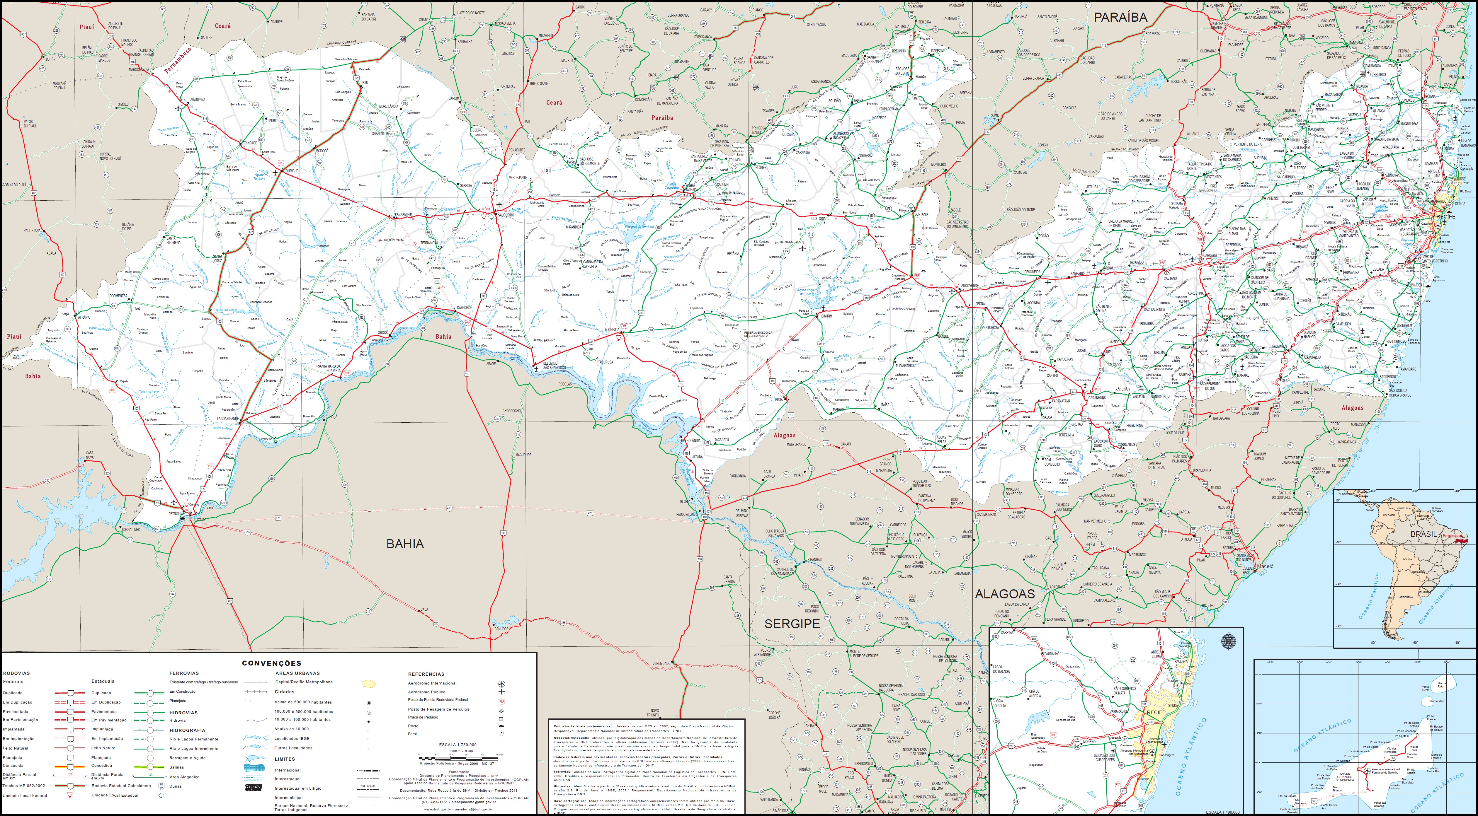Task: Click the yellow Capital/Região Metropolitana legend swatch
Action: point(369,684)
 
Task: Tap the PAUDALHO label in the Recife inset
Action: point(1051,654)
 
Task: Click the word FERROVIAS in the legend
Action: point(184,673)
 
